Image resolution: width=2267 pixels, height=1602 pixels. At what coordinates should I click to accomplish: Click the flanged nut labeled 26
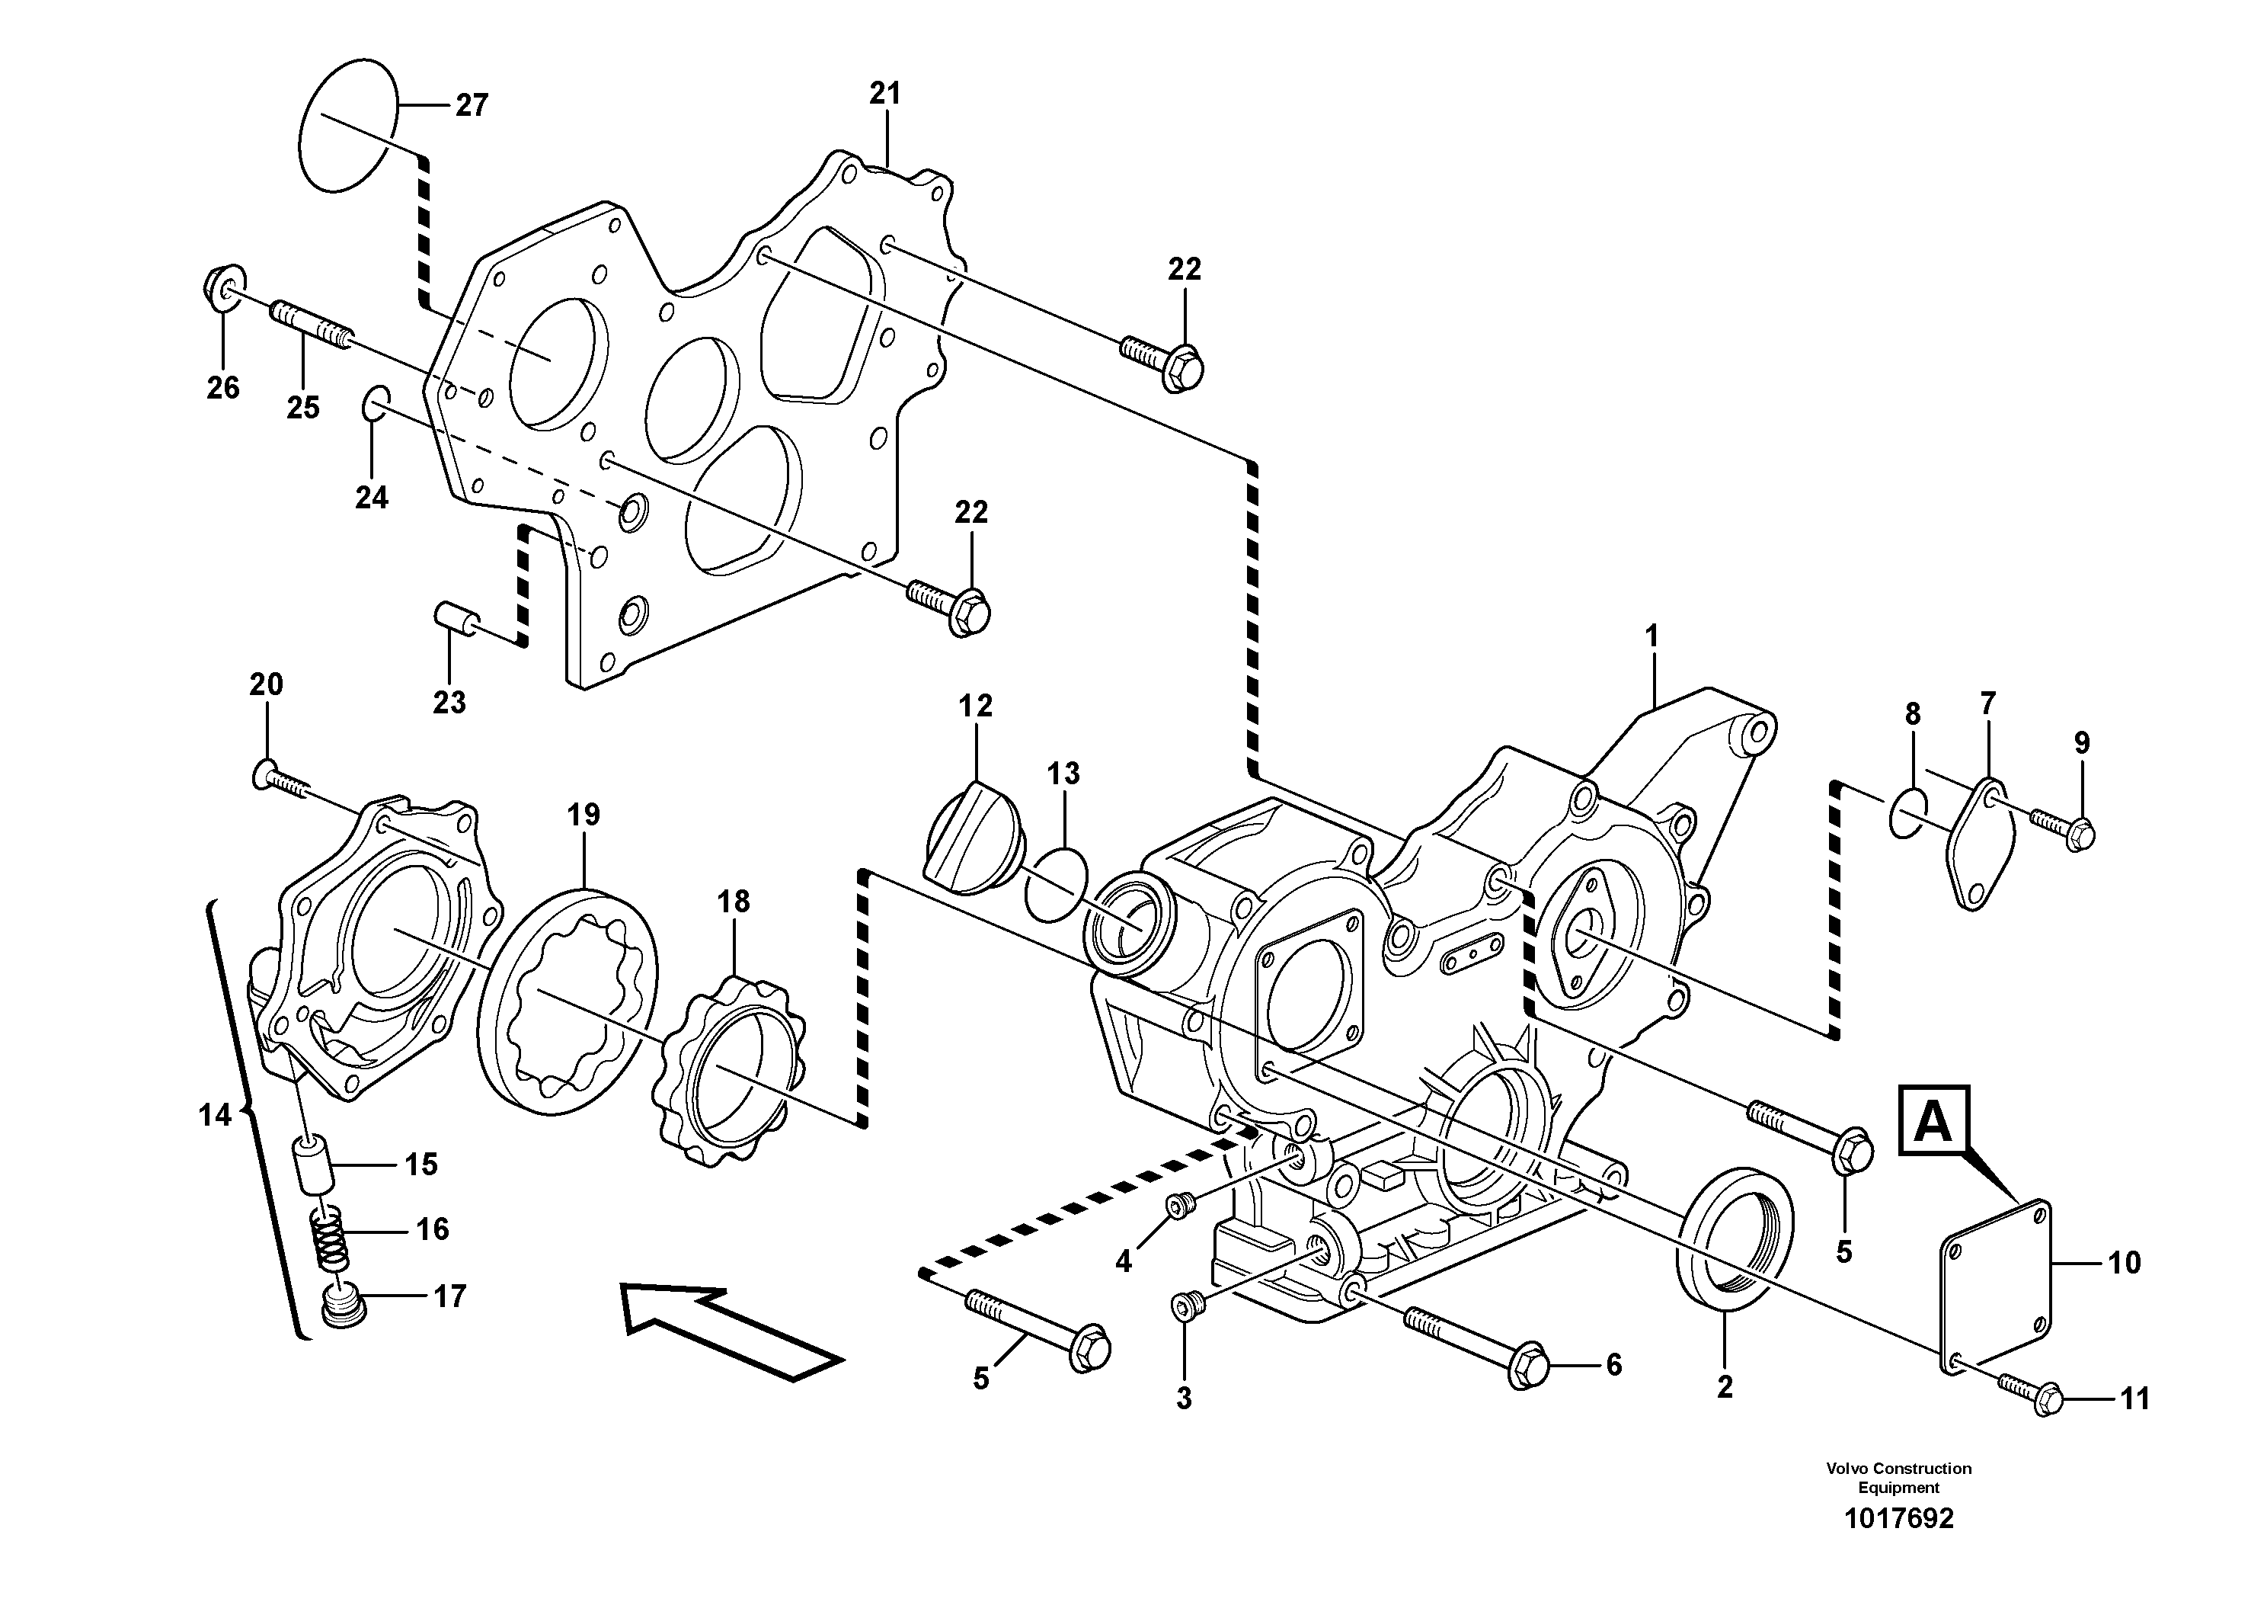pyautogui.click(x=224, y=287)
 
